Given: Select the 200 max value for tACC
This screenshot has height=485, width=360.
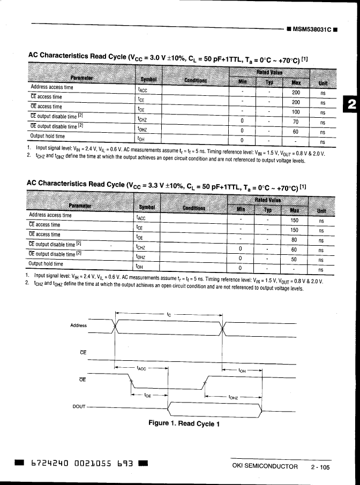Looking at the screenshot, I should point(295,93).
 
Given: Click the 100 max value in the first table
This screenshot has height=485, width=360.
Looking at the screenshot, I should point(295,112).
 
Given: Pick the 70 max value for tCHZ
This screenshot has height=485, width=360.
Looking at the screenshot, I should point(295,122).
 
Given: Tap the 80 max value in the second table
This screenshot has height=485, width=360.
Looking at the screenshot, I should point(294,239).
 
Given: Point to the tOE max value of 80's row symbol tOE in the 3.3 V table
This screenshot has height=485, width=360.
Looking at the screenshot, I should point(140,237).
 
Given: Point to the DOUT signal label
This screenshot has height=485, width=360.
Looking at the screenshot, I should point(79,407).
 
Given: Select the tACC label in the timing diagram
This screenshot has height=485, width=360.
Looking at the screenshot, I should point(142,368).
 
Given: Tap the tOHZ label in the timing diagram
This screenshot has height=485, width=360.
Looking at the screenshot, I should point(233,397).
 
